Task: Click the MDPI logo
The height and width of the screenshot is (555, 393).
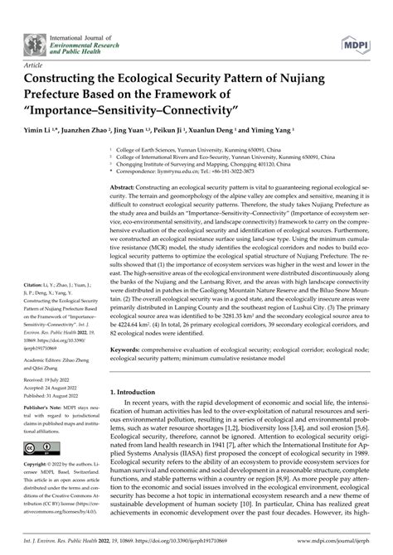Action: click(x=354, y=42)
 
